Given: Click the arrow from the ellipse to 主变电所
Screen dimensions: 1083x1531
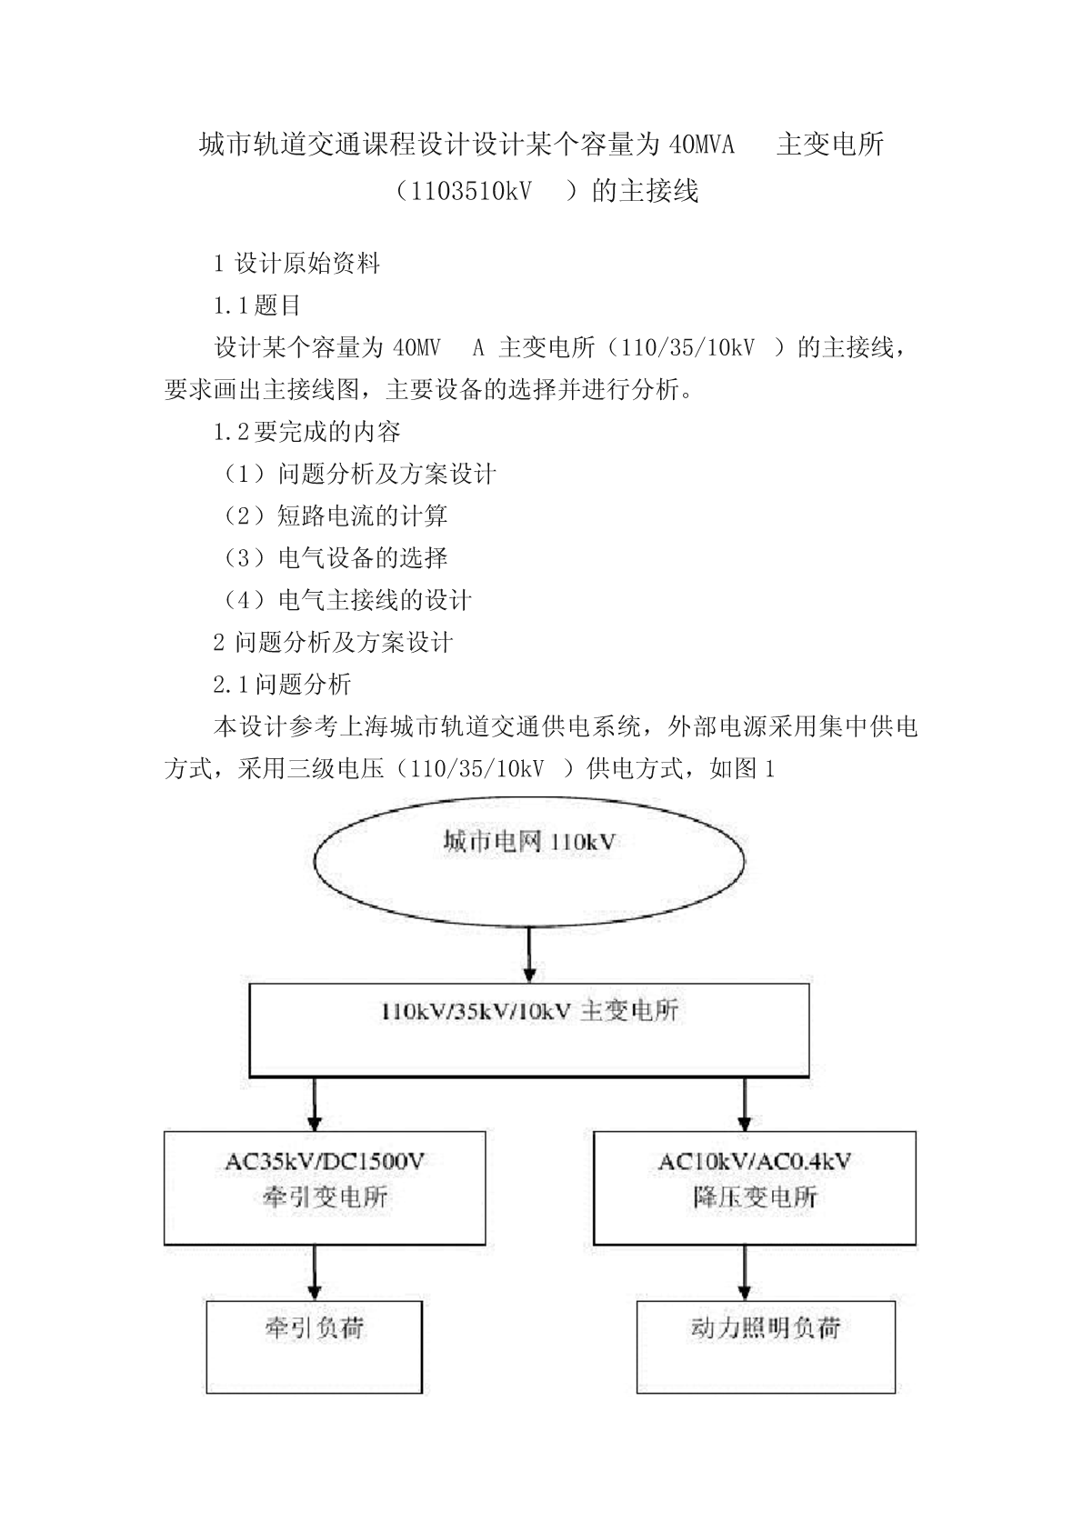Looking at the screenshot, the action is [x=528, y=955].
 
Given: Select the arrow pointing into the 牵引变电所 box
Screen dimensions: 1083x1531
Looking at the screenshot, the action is [x=315, y=1105].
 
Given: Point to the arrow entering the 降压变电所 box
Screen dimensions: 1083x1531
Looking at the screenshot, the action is [x=745, y=1105].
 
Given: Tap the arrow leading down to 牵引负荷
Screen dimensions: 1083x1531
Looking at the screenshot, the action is [x=315, y=1273].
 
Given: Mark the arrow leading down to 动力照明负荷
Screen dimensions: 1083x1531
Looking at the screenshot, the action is [x=745, y=1273].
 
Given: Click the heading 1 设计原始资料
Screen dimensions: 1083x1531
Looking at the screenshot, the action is [x=296, y=263].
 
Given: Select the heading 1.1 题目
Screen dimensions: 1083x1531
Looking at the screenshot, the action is [x=257, y=305].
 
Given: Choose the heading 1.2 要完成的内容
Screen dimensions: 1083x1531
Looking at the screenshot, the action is [x=307, y=432].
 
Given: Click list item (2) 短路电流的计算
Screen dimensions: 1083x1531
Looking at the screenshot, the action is [x=333, y=516].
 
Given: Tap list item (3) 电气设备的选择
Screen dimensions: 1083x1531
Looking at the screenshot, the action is [x=333, y=558].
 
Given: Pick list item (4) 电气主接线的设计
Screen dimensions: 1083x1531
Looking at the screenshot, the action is [x=346, y=600].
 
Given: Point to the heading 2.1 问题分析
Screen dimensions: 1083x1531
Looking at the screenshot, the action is [x=283, y=685].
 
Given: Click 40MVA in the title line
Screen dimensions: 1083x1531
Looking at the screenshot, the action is [x=701, y=145].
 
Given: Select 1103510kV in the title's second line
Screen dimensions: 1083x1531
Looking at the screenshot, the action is [x=471, y=191].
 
